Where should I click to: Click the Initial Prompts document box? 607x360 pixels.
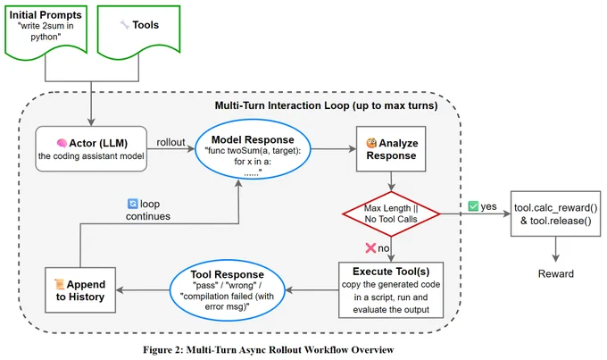46,31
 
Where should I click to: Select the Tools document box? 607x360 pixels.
138,30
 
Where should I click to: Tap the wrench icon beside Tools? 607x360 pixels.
125,25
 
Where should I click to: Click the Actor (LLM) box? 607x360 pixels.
91,149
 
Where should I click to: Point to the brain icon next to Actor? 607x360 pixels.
62,143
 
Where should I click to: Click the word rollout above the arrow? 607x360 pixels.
170,142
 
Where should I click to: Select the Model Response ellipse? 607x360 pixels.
253,149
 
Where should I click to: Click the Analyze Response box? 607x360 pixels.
391,149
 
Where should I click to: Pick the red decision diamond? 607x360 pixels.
391,213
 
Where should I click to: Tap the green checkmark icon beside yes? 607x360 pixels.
473,205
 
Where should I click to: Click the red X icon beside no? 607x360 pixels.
370,247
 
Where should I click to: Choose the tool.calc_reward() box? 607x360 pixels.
555,213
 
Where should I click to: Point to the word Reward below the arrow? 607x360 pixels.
555,273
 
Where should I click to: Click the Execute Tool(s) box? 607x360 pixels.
391,290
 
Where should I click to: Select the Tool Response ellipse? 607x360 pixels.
228,290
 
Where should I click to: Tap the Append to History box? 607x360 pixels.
80,290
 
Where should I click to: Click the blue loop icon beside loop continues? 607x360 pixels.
132,204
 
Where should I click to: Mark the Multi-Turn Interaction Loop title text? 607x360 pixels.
326,105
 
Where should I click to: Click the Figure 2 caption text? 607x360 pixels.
269,350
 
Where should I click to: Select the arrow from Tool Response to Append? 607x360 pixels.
143,290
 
